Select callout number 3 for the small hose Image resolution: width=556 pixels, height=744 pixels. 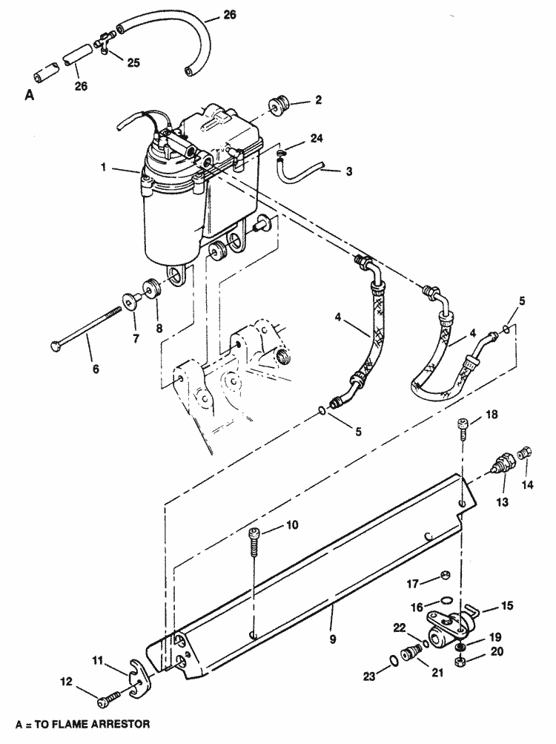[x=348, y=171]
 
